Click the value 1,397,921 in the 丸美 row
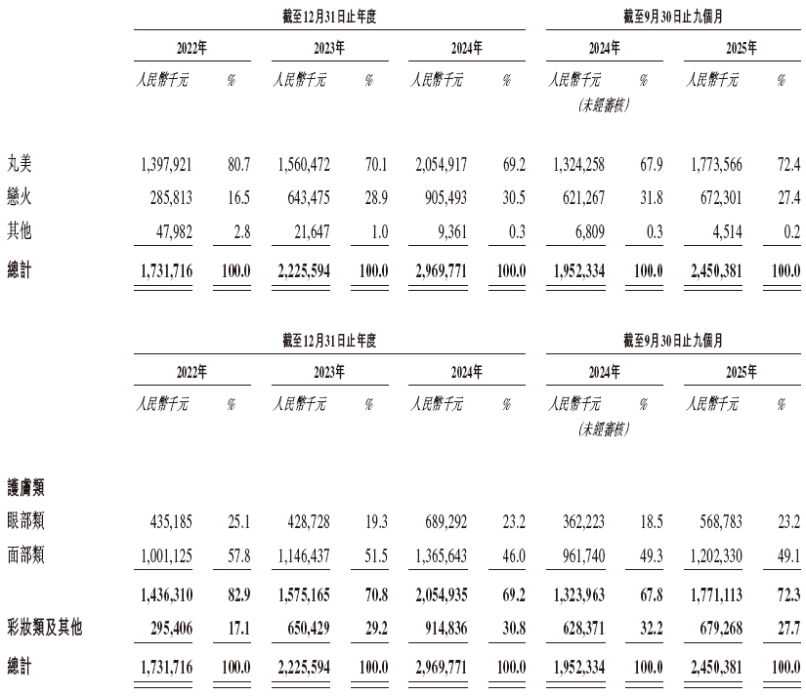[165, 162]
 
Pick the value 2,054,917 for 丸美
[440, 162]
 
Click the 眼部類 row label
[27, 520]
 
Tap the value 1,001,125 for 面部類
[165, 555]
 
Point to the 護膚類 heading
[27, 485]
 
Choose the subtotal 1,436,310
[165, 592]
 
